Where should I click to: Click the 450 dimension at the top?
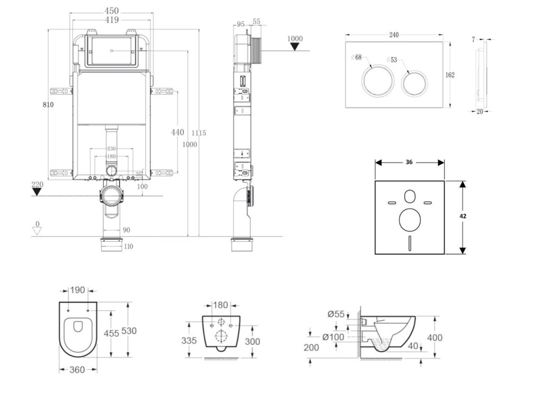tap(111, 11)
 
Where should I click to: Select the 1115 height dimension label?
tap(199, 133)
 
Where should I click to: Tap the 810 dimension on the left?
tap(48, 104)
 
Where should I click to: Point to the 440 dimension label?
tap(178, 132)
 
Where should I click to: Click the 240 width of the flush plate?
tap(394, 35)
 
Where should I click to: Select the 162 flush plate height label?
tap(450, 75)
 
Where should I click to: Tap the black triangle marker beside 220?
tap(36, 192)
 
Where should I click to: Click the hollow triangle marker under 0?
tap(36, 232)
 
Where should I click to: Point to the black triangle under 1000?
tap(295, 47)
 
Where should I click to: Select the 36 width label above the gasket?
tap(409, 162)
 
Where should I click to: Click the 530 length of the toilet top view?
tap(129, 331)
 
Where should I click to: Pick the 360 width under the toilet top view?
tap(77, 370)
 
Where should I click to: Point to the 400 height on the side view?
tap(435, 338)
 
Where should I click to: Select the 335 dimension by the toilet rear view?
tap(190, 341)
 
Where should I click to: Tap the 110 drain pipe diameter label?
tap(128, 246)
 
